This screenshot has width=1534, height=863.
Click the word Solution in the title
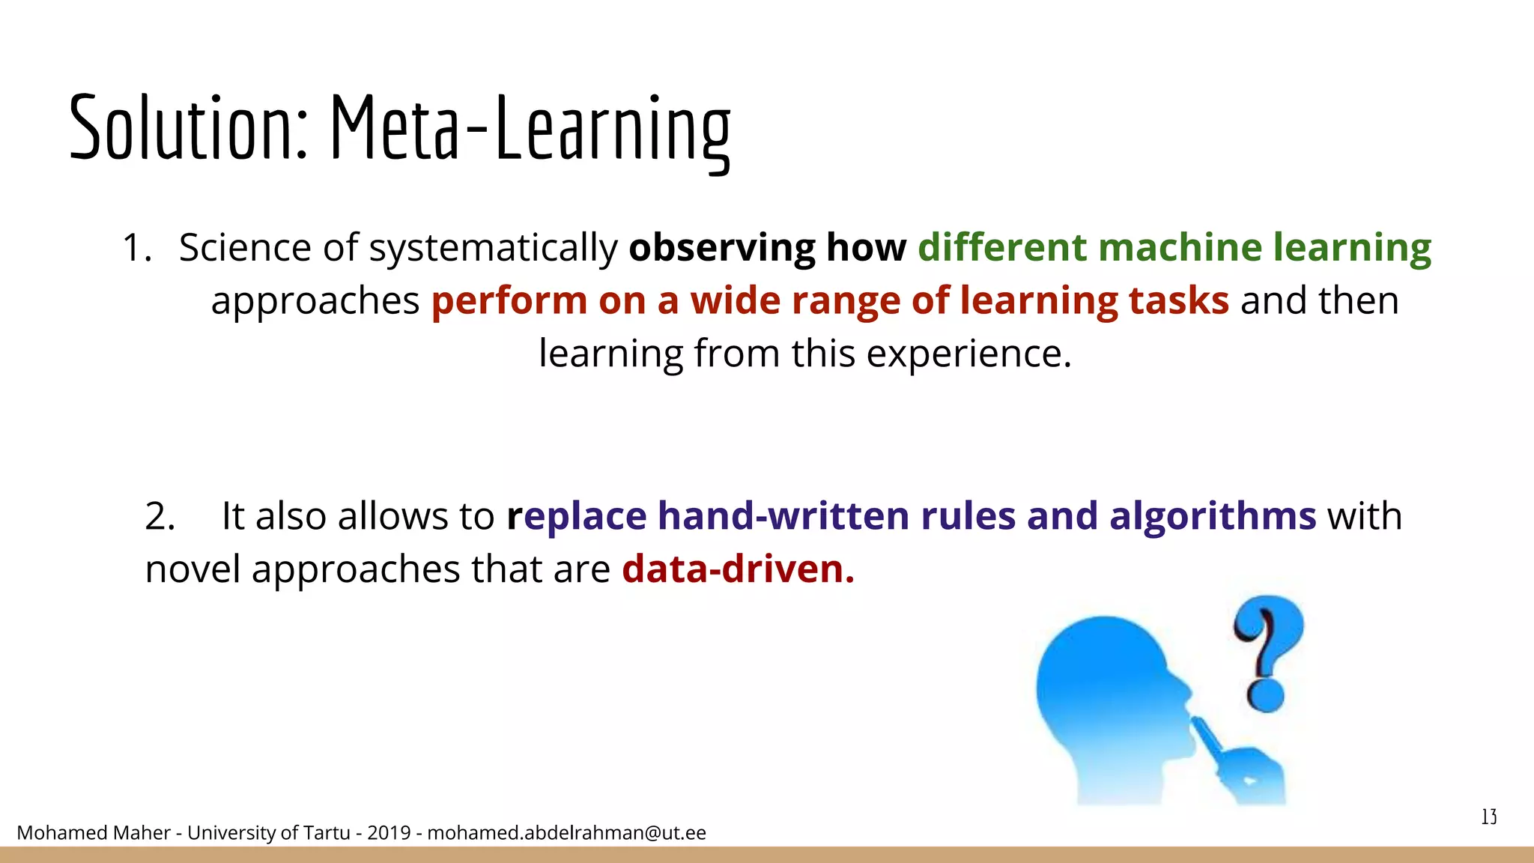click(187, 127)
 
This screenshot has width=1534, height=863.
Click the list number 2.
click(160, 516)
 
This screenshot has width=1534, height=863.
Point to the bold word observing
click(721, 248)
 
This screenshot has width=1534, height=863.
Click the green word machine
click(1180, 247)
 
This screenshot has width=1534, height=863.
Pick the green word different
click(1002, 247)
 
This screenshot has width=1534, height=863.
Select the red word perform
click(509, 301)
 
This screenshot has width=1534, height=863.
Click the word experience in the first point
click(968, 354)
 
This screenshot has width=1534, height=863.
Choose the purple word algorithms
click(1212, 516)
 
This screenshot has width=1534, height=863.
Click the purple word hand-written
click(783, 516)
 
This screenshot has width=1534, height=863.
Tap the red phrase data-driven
click(738, 569)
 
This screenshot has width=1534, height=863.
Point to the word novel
click(192, 569)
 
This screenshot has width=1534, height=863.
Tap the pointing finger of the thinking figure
click(1207, 737)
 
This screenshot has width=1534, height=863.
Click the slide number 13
click(1489, 817)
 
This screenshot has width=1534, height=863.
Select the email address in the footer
click(566, 833)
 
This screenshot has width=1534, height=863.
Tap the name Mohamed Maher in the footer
click(93, 833)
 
